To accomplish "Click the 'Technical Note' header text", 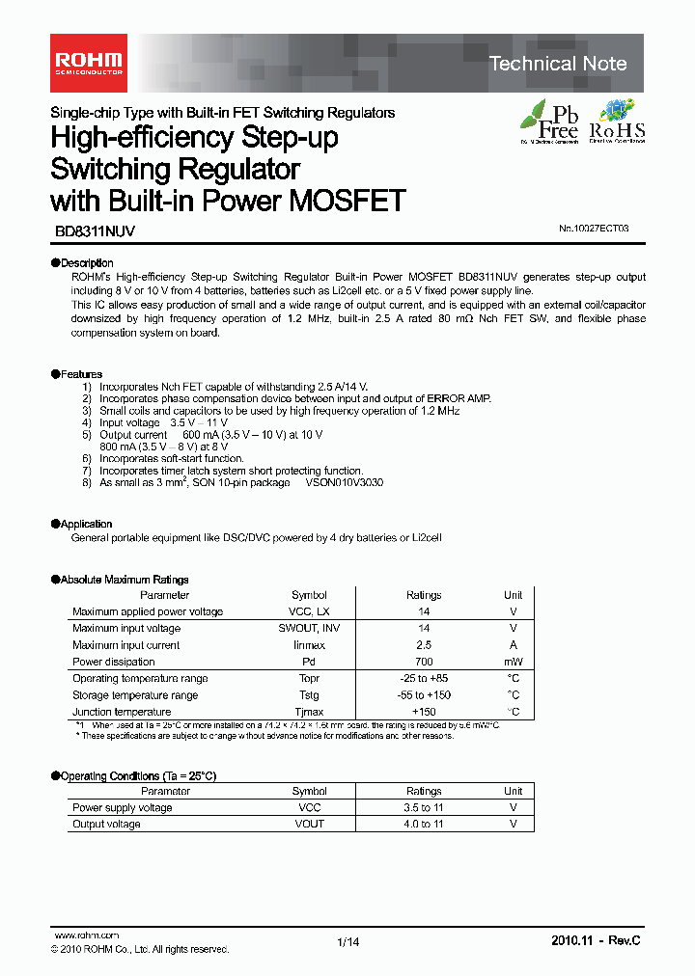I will pyautogui.click(x=558, y=64).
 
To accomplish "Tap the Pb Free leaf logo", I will pyautogui.click(x=549, y=121).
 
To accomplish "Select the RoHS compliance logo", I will pyautogui.click(x=618, y=121).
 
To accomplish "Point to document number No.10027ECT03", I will pyautogui.click(x=594, y=230).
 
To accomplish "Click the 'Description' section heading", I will pyautogui.click(x=86, y=262).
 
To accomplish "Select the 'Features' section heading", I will pyautogui.click(x=80, y=374).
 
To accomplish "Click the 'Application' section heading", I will pyautogui.click(x=86, y=524).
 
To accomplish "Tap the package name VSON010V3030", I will pyautogui.click(x=344, y=482).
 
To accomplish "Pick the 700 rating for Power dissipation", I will pyautogui.click(x=424, y=662).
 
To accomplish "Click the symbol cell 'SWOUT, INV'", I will pyautogui.click(x=309, y=628).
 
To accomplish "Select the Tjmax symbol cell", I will pyautogui.click(x=309, y=712).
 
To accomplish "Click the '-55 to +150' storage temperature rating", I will pyautogui.click(x=424, y=695).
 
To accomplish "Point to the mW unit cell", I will pyautogui.click(x=514, y=662).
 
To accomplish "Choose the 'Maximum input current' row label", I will pyautogui.click(x=125, y=645).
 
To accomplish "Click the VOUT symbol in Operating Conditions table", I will pyautogui.click(x=309, y=825).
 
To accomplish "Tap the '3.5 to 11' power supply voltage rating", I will pyautogui.click(x=424, y=807).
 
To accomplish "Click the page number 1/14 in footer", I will pyautogui.click(x=348, y=942).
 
